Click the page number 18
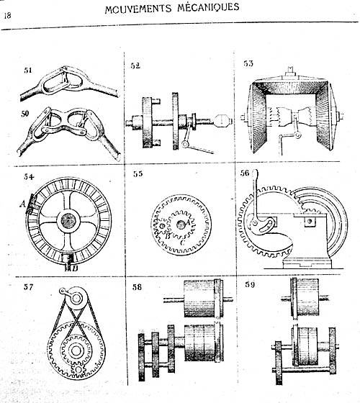pos(7,15)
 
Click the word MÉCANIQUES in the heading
pos(208,7)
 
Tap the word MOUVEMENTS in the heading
pos(138,9)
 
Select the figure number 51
pos(28,71)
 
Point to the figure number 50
pos(24,114)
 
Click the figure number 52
pos(135,65)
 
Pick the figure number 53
pos(248,63)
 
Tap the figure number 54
pos(29,177)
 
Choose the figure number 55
pos(138,173)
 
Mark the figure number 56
pos(245,173)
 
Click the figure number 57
pos(28,287)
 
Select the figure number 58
pos(137,287)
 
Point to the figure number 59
pos(250,284)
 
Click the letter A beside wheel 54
pos(22,204)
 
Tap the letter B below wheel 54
pos(75,268)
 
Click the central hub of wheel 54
pos(68,220)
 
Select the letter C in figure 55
pos(182,242)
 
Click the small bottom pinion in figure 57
pos(78,371)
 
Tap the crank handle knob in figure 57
pos(62,291)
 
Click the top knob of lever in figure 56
pos(255,173)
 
